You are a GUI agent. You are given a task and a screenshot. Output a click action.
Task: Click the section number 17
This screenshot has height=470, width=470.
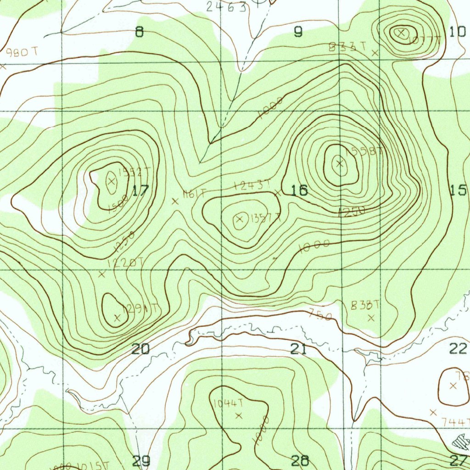pyautogui.click(x=140, y=190)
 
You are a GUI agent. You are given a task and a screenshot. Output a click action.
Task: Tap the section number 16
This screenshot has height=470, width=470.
pyautogui.click(x=299, y=190)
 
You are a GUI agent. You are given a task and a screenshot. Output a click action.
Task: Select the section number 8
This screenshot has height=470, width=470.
pyautogui.click(x=139, y=32)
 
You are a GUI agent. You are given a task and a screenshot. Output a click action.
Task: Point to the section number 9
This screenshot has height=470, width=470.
pyautogui.click(x=298, y=32)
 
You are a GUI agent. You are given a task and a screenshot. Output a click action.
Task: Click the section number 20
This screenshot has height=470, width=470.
pyautogui.click(x=140, y=349)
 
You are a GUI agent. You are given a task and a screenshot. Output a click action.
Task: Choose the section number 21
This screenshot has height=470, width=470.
pyautogui.click(x=298, y=349)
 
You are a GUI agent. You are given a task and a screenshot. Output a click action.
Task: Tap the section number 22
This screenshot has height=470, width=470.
pyautogui.click(x=458, y=349)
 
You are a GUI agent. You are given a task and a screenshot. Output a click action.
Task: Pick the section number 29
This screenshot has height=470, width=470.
pyautogui.click(x=141, y=460)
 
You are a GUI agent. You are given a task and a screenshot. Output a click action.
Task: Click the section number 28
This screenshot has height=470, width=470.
pyautogui.click(x=299, y=460)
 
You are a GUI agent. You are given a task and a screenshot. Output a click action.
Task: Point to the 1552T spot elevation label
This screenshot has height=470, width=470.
pyautogui.click(x=134, y=173)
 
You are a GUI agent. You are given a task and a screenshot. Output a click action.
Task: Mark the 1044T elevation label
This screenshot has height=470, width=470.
pyautogui.click(x=228, y=403)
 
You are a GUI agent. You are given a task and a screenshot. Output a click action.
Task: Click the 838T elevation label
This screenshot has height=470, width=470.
pyautogui.click(x=366, y=305)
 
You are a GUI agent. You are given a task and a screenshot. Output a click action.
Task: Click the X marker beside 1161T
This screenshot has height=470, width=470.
pyautogui.click(x=175, y=201)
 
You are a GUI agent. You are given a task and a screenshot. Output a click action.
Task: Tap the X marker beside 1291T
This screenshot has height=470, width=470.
pyautogui.click(x=117, y=317)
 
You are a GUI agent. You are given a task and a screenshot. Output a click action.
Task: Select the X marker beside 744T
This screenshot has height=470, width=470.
pyautogui.click(x=433, y=413)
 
